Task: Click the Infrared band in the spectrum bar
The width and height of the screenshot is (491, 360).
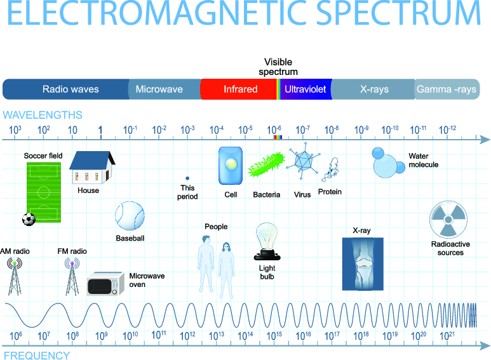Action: [239, 90]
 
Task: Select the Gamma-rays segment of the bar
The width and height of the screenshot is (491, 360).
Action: [447, 90]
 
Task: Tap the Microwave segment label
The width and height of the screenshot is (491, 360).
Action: [159, 90]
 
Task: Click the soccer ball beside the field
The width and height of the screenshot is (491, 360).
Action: [29, 220]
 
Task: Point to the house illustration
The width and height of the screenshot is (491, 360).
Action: [92, 167]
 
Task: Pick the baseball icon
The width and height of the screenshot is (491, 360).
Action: [130, 216]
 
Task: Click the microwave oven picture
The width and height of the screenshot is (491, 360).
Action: [105, 284]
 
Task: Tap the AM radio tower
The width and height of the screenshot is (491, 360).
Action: [15, 276]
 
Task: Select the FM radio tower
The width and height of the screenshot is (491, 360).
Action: [72, 276]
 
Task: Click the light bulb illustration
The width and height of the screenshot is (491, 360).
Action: [267, 241]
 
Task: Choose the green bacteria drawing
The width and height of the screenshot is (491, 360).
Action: [267, 164]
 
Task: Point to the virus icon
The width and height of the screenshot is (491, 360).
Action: [303, 161]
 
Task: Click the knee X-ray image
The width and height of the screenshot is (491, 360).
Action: [363, 264]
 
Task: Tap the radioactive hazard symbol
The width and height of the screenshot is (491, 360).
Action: [448, 220]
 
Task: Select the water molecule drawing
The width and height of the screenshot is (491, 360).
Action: [388, 163]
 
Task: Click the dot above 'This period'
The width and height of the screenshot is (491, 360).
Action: [187, 178]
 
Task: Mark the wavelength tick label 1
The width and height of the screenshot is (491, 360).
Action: [100, 130]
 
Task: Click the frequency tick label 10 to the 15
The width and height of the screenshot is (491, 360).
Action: [274, 336]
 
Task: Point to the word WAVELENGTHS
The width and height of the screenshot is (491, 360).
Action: [43, 115]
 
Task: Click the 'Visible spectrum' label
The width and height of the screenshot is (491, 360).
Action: [278, 67]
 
